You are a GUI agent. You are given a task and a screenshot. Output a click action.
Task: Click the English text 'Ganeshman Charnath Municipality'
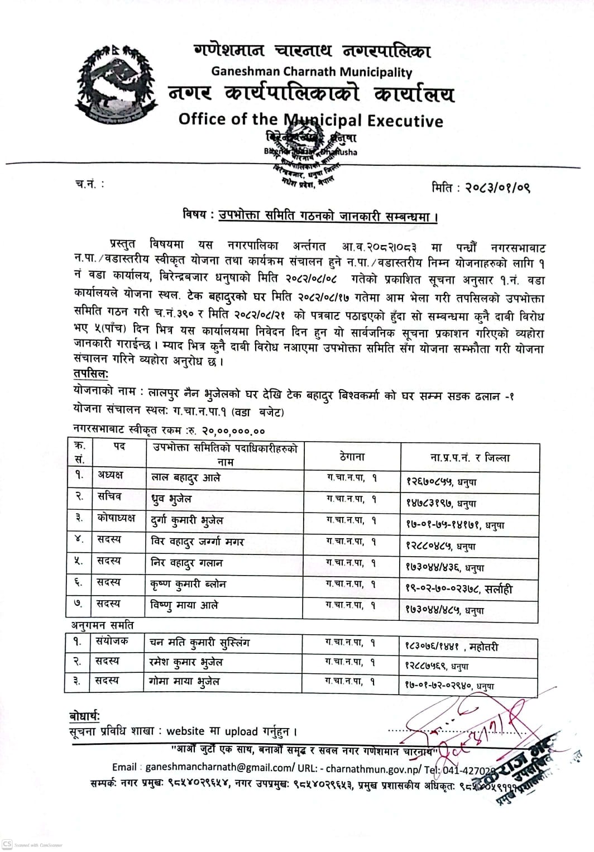coord(312,72)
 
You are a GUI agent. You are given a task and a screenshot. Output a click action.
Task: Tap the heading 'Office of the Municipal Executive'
coord(310,120)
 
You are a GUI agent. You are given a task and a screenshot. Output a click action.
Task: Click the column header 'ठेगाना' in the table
coord(352,457)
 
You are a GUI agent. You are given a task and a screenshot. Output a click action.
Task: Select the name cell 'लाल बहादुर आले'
coord(186,478)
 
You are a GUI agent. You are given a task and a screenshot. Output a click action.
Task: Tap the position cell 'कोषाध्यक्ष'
coord(116,518)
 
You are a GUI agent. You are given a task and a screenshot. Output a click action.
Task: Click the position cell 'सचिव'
coord(109,496)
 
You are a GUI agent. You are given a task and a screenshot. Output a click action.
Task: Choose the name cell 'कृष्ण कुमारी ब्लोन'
coord(189,584)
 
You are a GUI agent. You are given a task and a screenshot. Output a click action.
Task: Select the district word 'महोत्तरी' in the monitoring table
coord(484,647)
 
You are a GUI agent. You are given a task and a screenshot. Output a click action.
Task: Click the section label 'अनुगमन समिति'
coord(103,625)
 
